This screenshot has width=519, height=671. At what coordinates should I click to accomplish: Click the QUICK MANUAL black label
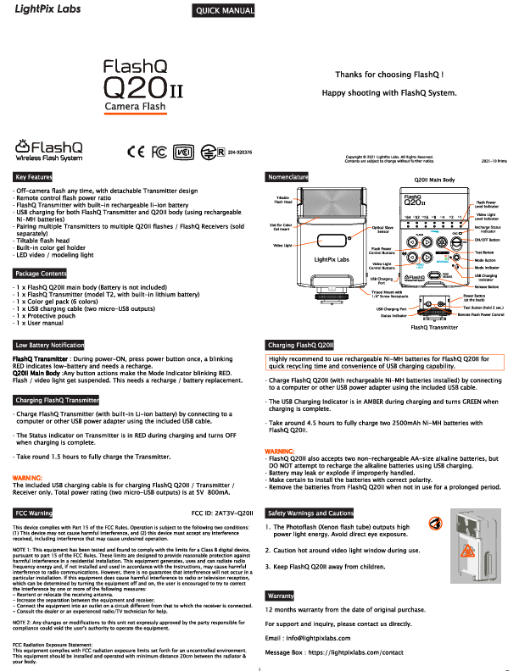coord(225,10)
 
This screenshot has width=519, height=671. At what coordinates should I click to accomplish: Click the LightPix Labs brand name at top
coord(40,8)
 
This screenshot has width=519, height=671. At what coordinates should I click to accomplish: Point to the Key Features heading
coord(33,177)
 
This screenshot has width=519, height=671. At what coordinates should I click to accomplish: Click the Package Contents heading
coord(41,274)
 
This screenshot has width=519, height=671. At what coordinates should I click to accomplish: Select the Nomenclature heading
coord(287,177)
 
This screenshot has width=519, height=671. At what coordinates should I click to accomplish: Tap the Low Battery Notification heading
coord(50,346)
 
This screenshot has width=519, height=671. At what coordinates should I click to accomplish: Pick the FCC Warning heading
coord(34,513)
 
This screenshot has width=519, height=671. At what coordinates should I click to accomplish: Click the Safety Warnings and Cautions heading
coord(310,513)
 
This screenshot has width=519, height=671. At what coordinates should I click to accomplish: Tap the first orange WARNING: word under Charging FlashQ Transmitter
coord(27,478)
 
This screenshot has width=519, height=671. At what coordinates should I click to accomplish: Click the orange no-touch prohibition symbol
coord(435,523)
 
